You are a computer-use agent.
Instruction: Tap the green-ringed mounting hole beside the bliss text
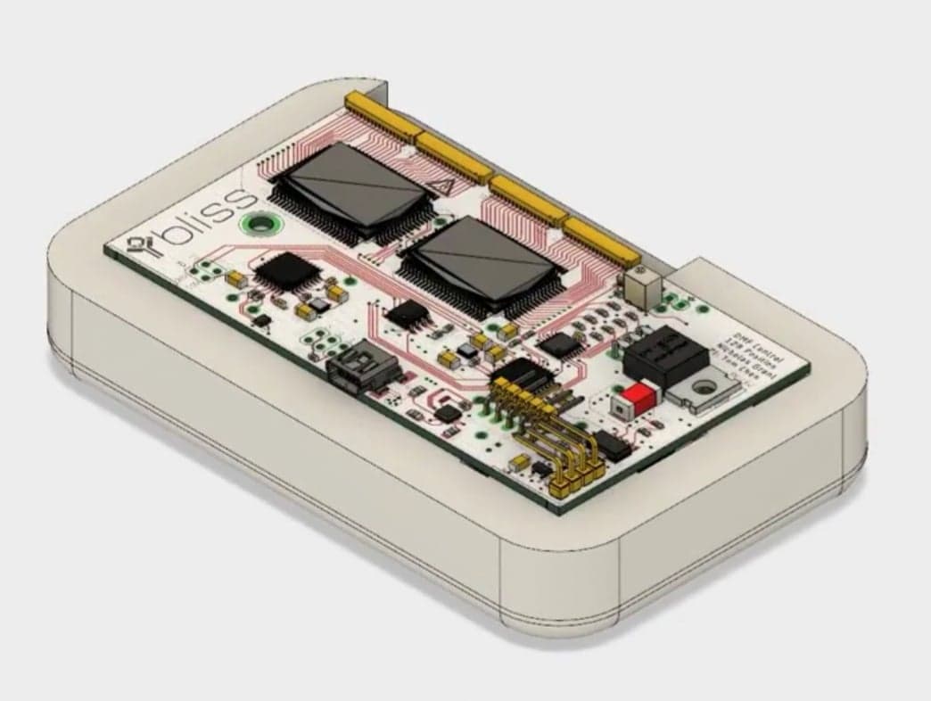[260, 224]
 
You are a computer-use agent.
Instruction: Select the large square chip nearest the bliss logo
[350, 192]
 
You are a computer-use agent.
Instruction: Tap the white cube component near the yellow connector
[642, 287]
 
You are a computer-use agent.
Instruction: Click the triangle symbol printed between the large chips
[440, 188]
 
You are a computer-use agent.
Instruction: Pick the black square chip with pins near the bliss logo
[286, 270]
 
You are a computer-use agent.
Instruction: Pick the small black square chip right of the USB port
[448, 413]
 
